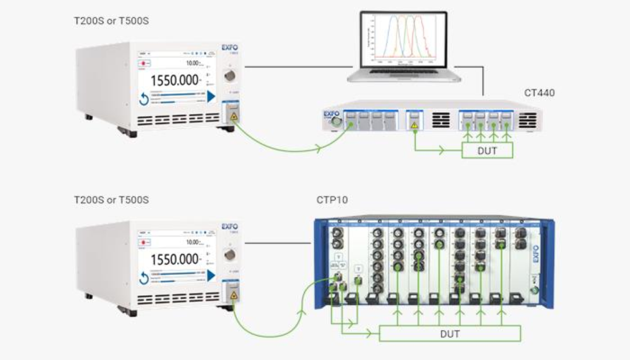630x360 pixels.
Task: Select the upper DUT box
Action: click(487, 151)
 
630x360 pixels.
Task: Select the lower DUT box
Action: click(450, 334)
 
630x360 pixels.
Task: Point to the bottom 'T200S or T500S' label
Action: click(111, 200)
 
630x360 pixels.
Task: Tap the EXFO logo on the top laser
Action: click(230, 47)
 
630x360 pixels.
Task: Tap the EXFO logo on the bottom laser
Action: click(230, 226)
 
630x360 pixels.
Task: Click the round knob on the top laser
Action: click(229, 75)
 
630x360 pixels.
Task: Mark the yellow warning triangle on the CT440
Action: click(414, 124)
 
